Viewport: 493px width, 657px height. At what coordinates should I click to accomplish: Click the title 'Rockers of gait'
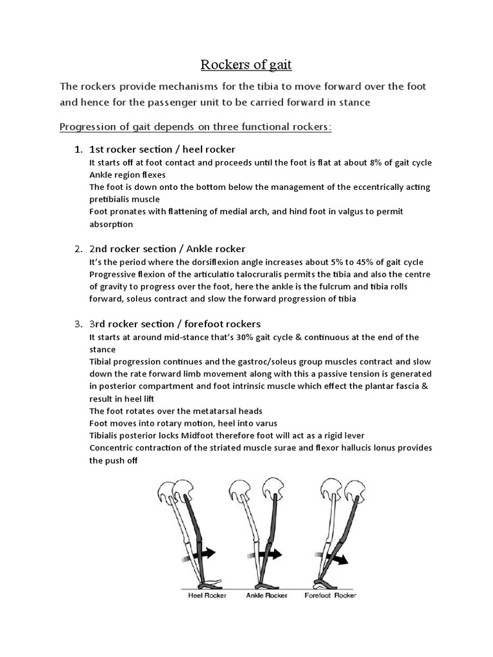pyautogui.click(x=246, y=64)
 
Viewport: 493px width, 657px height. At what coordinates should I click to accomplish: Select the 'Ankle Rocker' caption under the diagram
pyautogui.click(x=267, y=595)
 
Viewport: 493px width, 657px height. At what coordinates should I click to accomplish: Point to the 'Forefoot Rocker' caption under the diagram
pyautogui.click(x=331, y=595)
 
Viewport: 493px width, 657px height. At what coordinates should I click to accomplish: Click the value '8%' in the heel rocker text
pyautogui.click(x=379, y=163)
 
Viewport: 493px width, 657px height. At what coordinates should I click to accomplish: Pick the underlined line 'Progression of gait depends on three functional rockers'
pyautogui.click(x=196, y=126)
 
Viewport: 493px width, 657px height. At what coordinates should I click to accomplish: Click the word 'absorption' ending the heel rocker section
pyautogui.click(x=111, y=225)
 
